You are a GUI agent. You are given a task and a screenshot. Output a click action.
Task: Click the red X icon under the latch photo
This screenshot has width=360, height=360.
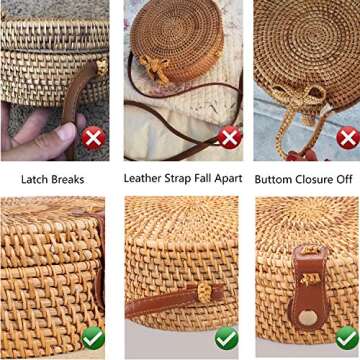(x=94, y=137)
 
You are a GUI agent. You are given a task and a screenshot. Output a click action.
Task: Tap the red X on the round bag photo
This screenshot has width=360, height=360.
(x=230, y=137)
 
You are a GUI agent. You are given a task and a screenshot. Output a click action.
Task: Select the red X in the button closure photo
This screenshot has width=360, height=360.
(x=347, y=137)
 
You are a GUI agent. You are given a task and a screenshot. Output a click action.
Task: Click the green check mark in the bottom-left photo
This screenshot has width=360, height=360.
(x=93, y=338)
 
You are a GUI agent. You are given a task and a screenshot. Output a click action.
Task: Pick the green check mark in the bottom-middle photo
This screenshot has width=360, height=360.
(x=226, y=338)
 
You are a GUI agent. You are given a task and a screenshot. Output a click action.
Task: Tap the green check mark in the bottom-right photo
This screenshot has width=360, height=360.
(x=346, y=338)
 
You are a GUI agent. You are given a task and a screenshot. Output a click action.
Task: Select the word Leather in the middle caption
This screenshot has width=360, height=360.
(x=144, y=178)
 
